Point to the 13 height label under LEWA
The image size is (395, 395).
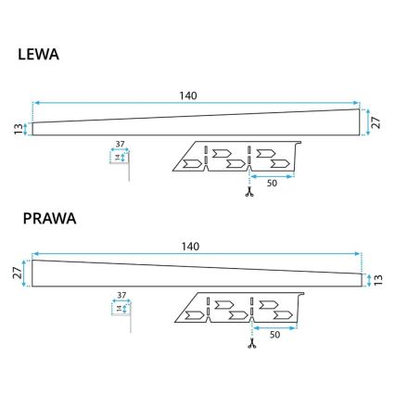[x=18, y=129]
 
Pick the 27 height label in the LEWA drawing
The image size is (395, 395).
[x=376, y=121]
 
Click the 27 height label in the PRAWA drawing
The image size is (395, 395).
[x=18, y=274]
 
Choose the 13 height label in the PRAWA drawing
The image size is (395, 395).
[x=376, y=279]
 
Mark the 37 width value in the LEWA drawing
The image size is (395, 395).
[x=119, y=145]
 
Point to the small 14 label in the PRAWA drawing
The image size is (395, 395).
[x=116, y=308]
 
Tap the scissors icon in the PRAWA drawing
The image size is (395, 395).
[x=250, y=345]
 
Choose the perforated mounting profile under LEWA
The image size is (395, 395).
[x=236, y=158]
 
